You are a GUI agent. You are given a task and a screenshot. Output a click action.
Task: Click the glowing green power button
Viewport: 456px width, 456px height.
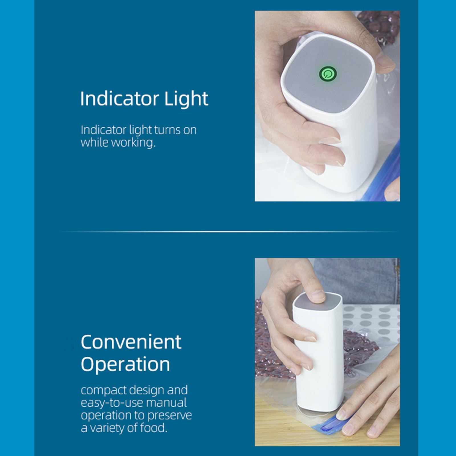click(x=328, y=74)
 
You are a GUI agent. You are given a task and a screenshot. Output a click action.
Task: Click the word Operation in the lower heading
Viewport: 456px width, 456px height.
click(x=125, y=365)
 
